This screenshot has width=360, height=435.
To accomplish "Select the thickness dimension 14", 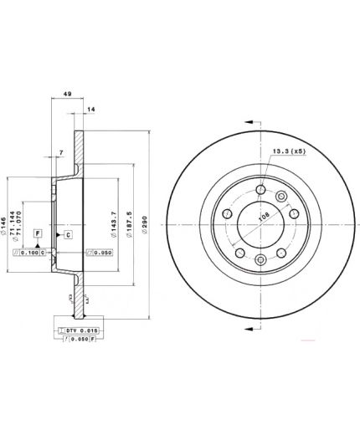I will click(x=91, y=110).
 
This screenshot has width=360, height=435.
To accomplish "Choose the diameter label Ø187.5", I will click(x=131, y=222).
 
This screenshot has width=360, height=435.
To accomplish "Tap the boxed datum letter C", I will click(x=69, y=235).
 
